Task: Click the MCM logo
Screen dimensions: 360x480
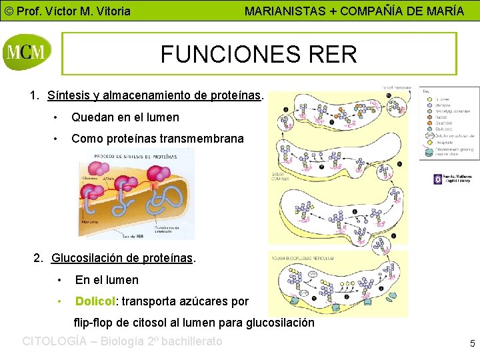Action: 27,53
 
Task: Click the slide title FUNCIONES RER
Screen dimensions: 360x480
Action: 259,54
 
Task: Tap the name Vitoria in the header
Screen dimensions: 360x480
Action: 111,11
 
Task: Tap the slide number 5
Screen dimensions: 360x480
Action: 472,344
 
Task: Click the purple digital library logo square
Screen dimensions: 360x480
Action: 438,179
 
